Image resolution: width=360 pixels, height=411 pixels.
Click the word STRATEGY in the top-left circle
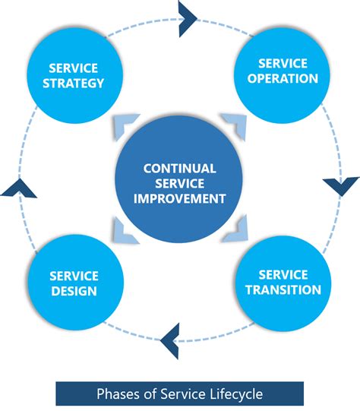(x=74, y=83)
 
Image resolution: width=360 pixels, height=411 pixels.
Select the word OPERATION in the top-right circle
(x=283, y=78)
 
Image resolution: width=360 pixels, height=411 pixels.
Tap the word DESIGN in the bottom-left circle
(x=74, y=291)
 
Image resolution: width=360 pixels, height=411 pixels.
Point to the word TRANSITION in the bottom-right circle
(x=283, y=289)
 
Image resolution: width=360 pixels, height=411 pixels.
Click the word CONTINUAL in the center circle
(x=179, y=169)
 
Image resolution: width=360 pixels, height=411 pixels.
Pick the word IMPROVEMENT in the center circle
(x=179, y=198)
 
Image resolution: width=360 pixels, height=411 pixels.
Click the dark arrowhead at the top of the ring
(x=186, y=18)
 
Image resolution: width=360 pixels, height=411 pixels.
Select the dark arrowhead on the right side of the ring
(x=341, y=185)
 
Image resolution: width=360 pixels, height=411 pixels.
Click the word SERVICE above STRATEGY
(x=74, y=68)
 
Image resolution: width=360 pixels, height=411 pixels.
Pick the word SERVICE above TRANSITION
(x=283, y=275)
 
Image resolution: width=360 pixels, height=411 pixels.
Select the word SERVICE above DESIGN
(x=74, y=276)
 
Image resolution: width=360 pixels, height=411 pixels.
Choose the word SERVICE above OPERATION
(x=283, y=63)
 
